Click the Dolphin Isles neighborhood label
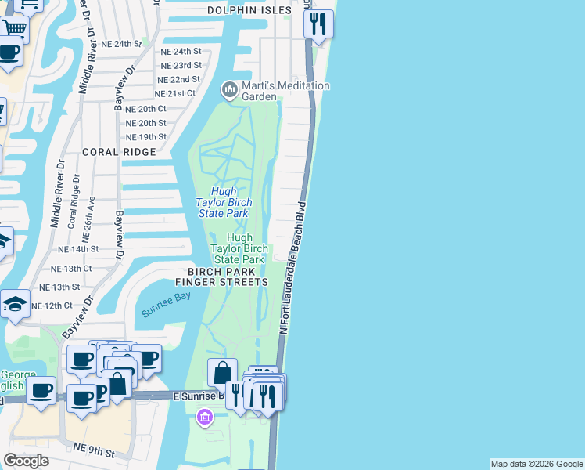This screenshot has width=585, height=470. (249, 10)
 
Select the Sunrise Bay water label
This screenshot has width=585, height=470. (166, 303)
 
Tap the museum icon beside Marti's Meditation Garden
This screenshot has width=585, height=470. (230, 90)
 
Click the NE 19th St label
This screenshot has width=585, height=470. (146, 137)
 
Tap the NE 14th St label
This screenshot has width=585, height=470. (79, 248)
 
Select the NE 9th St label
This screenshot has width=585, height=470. (93, 454)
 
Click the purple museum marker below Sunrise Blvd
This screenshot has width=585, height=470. (206, 418)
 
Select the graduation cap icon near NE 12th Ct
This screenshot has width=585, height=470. (16, 303)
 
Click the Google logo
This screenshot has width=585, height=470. (26, 461)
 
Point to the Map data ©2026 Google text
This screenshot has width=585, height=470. (537, 464)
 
